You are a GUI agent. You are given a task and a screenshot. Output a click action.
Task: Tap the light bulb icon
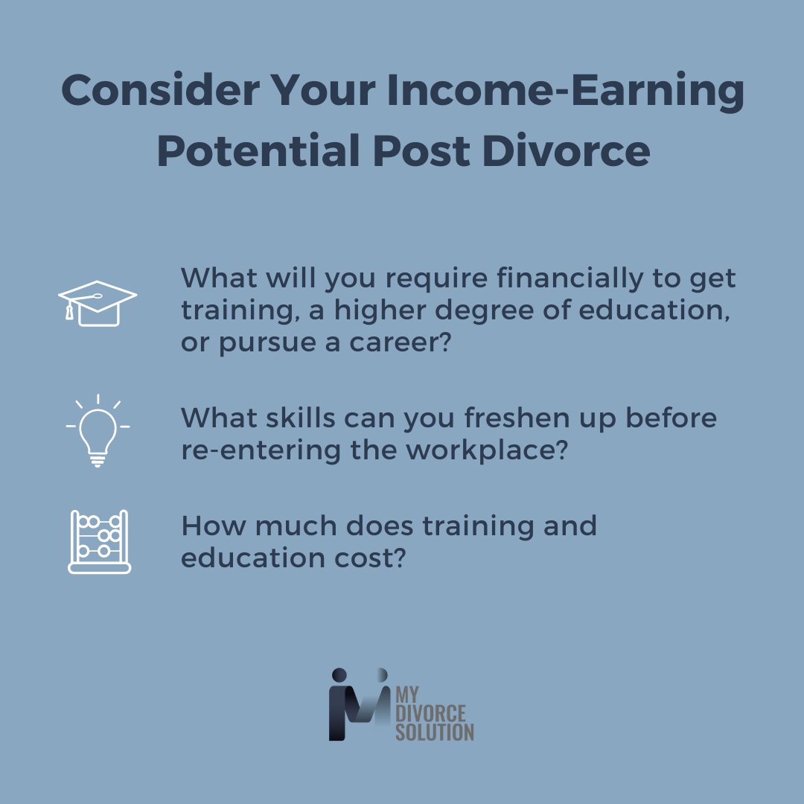(98, 430)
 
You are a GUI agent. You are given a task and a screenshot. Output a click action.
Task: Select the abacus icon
(99, 541)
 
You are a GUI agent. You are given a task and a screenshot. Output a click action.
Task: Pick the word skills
(294, 418)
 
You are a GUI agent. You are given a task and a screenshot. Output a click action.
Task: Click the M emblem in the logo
(359, 704)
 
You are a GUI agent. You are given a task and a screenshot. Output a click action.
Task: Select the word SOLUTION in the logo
(435, 731)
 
